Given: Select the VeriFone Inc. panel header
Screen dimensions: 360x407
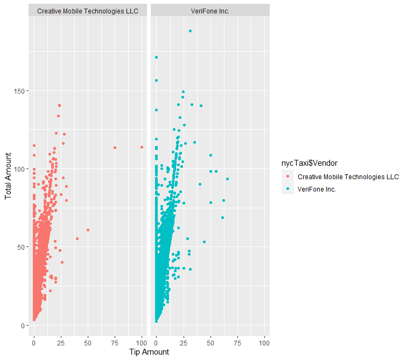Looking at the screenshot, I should pos(209,11).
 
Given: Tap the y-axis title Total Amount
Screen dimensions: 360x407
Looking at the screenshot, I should pos(8,176).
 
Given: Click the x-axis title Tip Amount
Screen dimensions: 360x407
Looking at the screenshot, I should pos(149,352).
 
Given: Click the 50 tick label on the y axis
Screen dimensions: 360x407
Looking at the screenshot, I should pos(22,247).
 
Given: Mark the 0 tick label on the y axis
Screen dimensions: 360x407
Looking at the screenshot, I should pos(24,325).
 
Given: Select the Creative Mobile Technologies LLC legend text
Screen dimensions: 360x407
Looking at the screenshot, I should pos(348,177).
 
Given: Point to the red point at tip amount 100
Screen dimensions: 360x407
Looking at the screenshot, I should pos(142,147).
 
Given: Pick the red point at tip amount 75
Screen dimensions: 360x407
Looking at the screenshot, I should pos(115,147).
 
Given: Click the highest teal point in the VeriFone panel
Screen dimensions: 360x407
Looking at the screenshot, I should pos(190,31).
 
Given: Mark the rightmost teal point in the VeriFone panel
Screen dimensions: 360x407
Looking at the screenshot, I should pos(227,179).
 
